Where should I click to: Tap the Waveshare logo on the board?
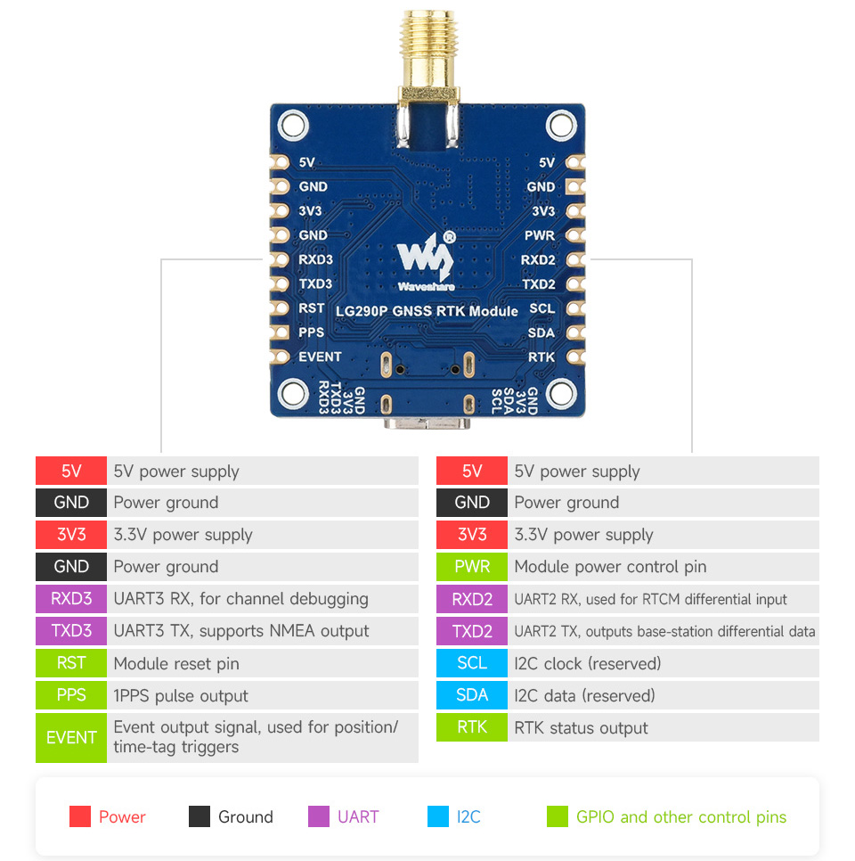click(427, 260)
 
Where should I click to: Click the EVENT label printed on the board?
click(320, 357)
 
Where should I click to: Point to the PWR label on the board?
click(540, 235)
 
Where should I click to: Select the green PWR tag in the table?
click(472, 567)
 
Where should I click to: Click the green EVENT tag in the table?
click(71, 737)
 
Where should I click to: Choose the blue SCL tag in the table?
click(472, 663)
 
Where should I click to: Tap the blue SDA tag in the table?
click(472, 695)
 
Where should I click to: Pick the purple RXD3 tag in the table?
click(71, 599)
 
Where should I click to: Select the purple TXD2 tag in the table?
click(472, 631)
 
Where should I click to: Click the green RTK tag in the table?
click(472, 727)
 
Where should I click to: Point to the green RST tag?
click(71, 663)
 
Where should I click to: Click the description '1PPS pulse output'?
click(181, 695)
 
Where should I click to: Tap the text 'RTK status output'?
click(581, 728)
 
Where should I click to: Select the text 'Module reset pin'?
click(176, 663)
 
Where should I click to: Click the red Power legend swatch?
click(80, 816)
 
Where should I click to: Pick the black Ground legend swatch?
click(199, 816)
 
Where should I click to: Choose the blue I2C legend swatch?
click(438, 816)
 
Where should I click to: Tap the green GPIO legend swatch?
click(558, 816)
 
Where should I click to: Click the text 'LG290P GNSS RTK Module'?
click(427, 311)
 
